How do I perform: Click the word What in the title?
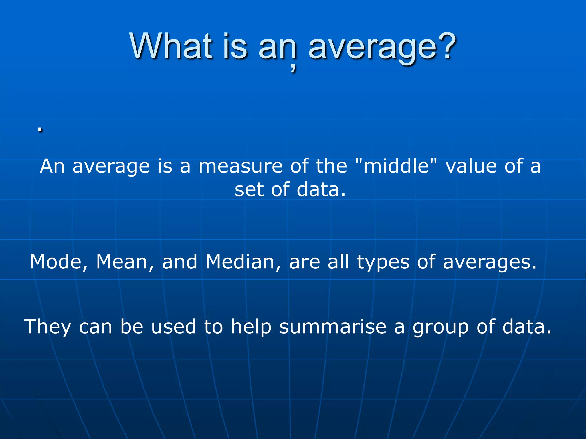pos(171,46)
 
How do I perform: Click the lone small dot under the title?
pos(40,129)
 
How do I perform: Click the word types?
pos(383,262)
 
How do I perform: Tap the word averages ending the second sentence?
pos(489,262)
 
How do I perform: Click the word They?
pos(47,327)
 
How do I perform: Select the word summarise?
pos(333,327)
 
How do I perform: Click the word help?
pos(251,327)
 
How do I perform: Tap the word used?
pos(173,327)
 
